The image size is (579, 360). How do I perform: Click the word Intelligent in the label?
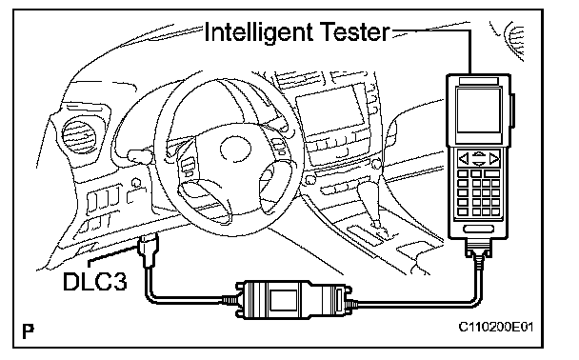258,32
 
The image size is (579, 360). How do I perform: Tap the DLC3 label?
95,282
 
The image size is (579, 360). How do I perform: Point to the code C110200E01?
496,327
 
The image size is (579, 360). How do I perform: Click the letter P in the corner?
28,331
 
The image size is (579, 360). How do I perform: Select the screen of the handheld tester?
479,110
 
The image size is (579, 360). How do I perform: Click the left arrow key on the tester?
464,159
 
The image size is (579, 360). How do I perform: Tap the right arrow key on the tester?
494,159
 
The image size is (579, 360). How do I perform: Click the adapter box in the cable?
293,299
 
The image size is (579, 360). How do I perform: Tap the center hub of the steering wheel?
235,149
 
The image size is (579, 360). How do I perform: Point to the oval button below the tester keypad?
478,229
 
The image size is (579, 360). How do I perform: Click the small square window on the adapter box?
283,300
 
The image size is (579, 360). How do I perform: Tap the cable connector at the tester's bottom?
478,250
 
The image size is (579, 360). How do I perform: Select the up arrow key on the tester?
479,153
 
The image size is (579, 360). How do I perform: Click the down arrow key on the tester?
479,164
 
